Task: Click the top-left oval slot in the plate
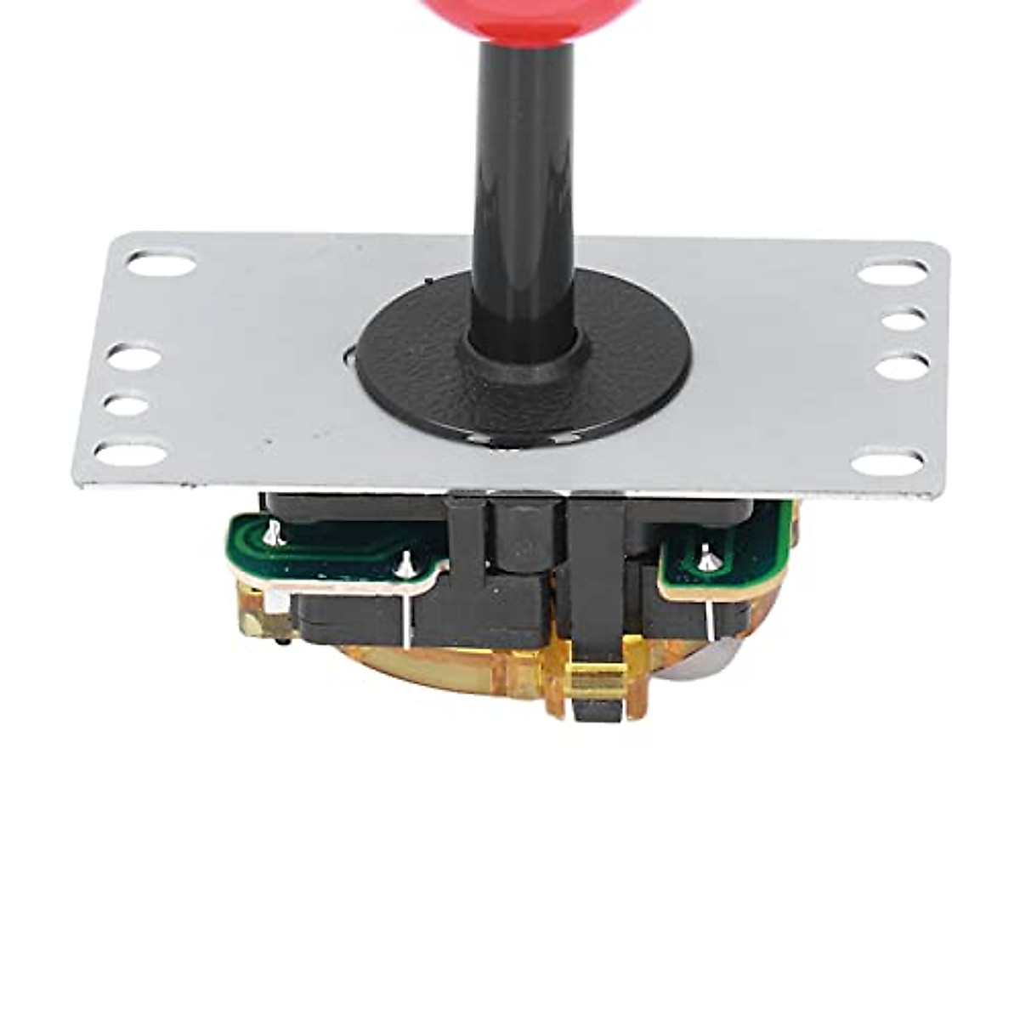click(x=161, y=263)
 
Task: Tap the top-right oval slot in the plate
click(x=892, y=273)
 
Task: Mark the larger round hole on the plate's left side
click(x=134, y=357)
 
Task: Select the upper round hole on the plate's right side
click(x=903, y=320)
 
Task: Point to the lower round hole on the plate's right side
click(x=902, y=367)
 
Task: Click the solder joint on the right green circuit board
click(x=707, y=558)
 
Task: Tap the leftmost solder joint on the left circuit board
click(x=272, y=534)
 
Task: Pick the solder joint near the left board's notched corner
click(x=406, y=564)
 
